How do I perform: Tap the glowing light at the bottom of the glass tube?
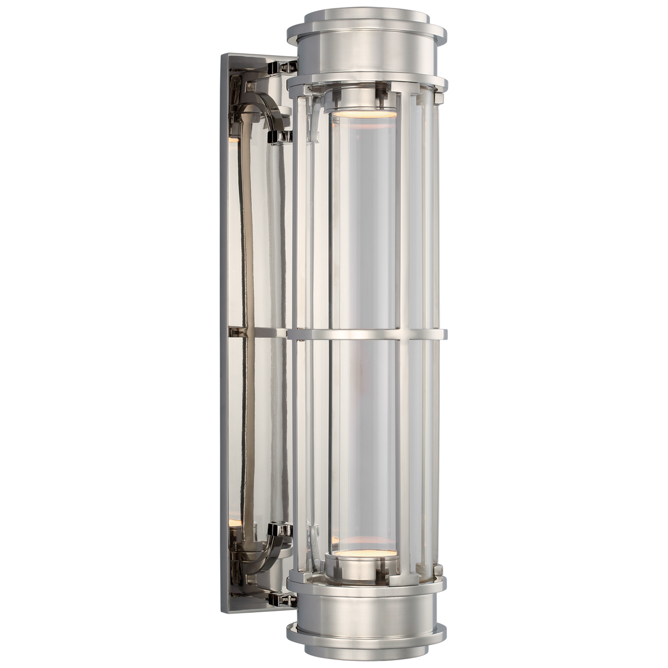tap(360, 553)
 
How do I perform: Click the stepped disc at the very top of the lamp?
tap(365, 18)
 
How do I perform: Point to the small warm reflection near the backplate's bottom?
tap(236, 523)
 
